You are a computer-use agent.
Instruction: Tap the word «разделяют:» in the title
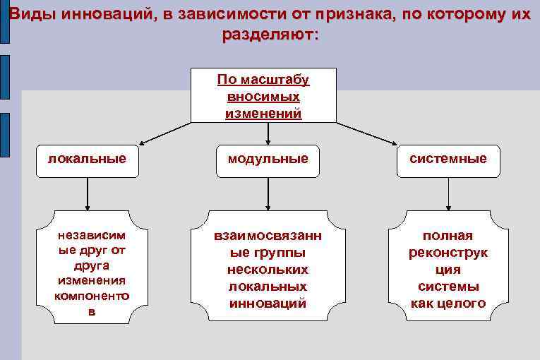pyautogui.click(x=270, y=35)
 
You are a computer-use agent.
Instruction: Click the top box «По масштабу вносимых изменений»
pyautogui.click(x=263, y=95)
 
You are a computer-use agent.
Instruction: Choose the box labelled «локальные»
pyautogui.click(x=87, y=159)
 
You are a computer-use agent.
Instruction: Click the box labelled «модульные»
pyautogui.click(x=268, y=159)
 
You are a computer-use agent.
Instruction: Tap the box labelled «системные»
pyautogui.click(x=448, y=159)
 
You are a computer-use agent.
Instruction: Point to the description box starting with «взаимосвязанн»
pyautogui.click(x=268, y=266)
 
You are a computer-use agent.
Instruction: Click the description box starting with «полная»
pyautogui.click(x=448, y=266)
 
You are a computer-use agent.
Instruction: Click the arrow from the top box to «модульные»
pyautogui.click(x=268, y=133)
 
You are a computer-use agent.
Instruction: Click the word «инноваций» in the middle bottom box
pyautogui.click(x=268, y=304)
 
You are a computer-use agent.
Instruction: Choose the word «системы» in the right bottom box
pyautogui.click(x=448, y=287)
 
